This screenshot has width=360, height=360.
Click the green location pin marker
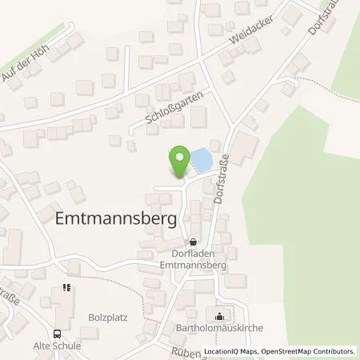point(180,160)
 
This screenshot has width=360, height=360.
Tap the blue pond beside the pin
point(199,162)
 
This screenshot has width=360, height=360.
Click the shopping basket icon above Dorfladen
point(192,243)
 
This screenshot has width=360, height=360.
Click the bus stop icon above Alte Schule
point(57,334)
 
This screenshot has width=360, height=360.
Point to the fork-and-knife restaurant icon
point(66,288)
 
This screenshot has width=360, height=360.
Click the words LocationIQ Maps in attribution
point(232,350)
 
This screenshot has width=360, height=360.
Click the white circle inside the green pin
point(180,155)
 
